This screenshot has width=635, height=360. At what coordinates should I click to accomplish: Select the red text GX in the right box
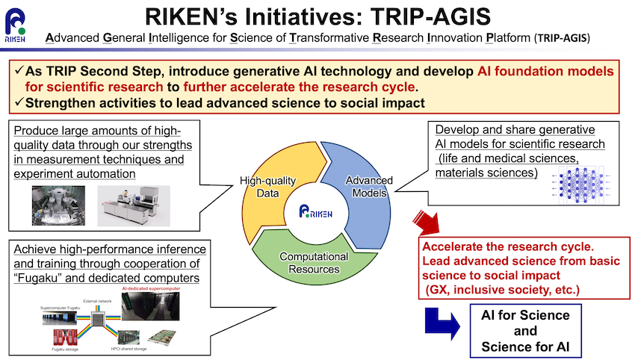tap(439, 288)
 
